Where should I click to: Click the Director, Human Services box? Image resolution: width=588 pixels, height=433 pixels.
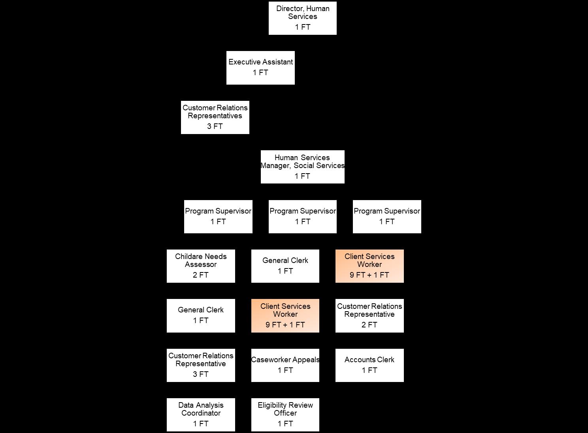tap(302, 18)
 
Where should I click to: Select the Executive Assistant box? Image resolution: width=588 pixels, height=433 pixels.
tap(260, 68)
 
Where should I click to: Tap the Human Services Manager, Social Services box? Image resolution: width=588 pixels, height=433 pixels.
tap(302, 167)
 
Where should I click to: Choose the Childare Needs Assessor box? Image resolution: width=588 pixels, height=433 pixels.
tap(201, 266)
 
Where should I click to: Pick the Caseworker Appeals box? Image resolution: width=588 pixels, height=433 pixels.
tap(285, 365)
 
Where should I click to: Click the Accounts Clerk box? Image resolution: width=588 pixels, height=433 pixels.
tap(369, 365)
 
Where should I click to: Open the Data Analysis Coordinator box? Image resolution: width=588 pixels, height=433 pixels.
tap(201, 415)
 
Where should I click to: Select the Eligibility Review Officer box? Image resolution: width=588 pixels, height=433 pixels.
tap(285, 415)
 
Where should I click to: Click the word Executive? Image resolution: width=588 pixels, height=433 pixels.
tap(244, 62)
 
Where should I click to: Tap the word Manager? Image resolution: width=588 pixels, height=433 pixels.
tap(275, 166)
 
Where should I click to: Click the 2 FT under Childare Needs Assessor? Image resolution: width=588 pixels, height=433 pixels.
tap(201, 275)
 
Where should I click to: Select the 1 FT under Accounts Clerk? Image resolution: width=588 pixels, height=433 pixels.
tap(369, 371)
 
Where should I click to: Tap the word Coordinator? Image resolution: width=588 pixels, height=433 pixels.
tap(201, 413)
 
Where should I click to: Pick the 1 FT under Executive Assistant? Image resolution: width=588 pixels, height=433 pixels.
tap(260, 73)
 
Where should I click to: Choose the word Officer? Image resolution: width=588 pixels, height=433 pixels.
tap(285, 413)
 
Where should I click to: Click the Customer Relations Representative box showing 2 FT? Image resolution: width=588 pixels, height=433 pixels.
tap(369, 316)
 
